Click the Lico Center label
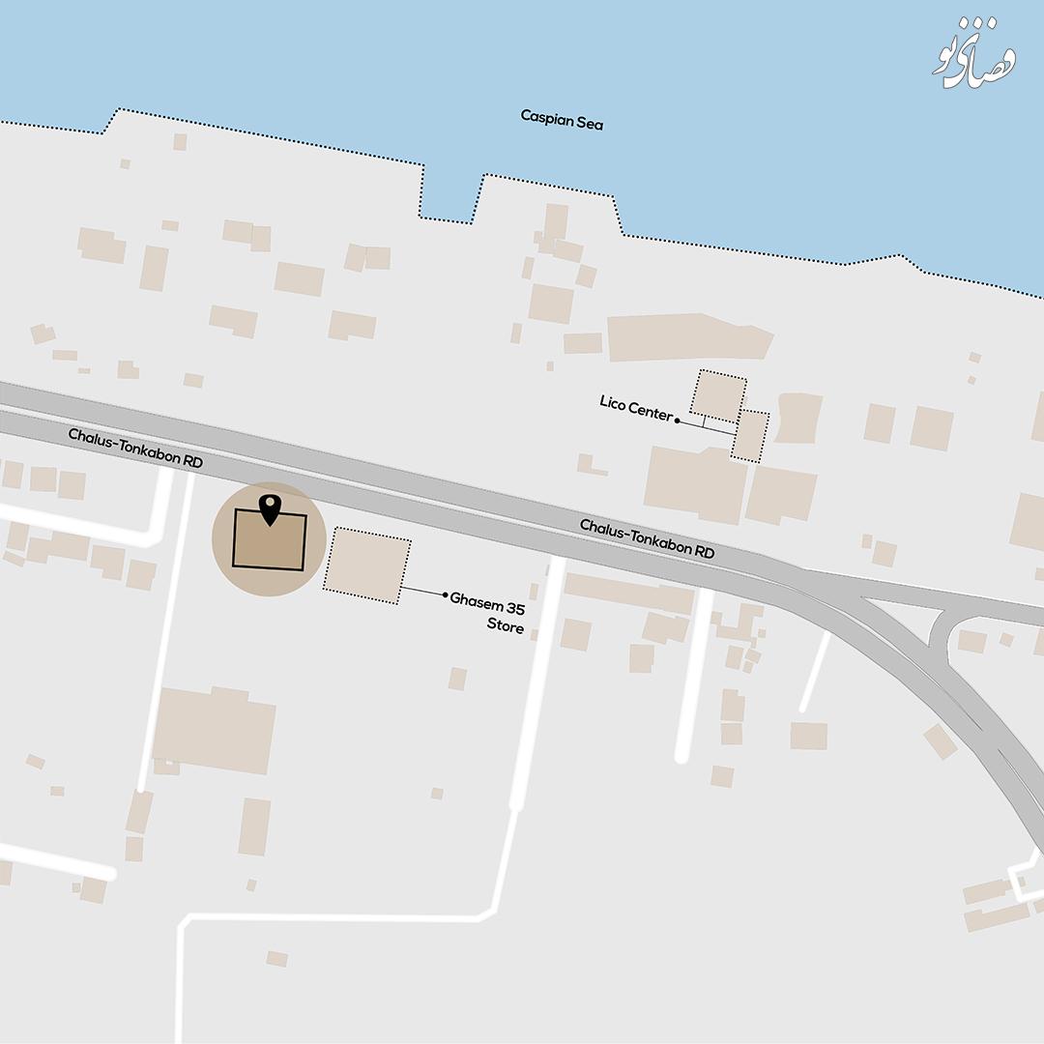[635, 407]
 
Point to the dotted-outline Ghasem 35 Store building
[366, 565]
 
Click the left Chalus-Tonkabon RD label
[135, 449]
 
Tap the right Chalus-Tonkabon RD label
[647, 538]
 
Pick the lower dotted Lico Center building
[750, 436]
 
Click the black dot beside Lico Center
[677, 420]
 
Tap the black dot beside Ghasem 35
[445, 595]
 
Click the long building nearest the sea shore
[688, 336]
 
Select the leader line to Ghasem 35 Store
[421, 591]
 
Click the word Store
[506, 627]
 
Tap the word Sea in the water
[590, 123]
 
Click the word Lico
[613, 402]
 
